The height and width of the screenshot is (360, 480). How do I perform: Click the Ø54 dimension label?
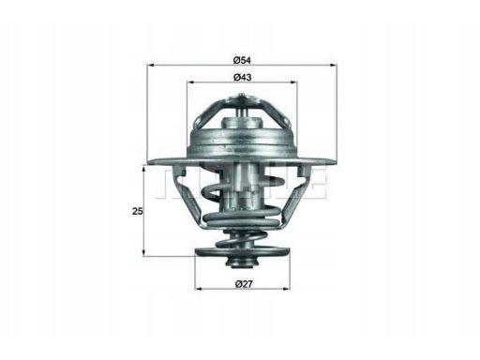click(243, 60)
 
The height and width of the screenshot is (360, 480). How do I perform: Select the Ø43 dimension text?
click(243, 77)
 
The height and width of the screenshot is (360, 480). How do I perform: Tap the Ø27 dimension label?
click(244, 284)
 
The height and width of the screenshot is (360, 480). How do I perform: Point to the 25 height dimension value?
click(138, 211)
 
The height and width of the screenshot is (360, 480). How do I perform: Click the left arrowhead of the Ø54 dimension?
click(151, 65)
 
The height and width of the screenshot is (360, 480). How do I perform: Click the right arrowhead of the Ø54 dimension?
click(334, 65)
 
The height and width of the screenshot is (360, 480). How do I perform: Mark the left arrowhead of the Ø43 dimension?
click(190, 82)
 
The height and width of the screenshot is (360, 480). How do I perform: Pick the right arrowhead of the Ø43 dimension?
click(293, 82)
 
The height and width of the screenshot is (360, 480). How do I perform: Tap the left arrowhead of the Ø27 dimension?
click(199, 289)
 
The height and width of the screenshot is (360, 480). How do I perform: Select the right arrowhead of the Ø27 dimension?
click(286, 289)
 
